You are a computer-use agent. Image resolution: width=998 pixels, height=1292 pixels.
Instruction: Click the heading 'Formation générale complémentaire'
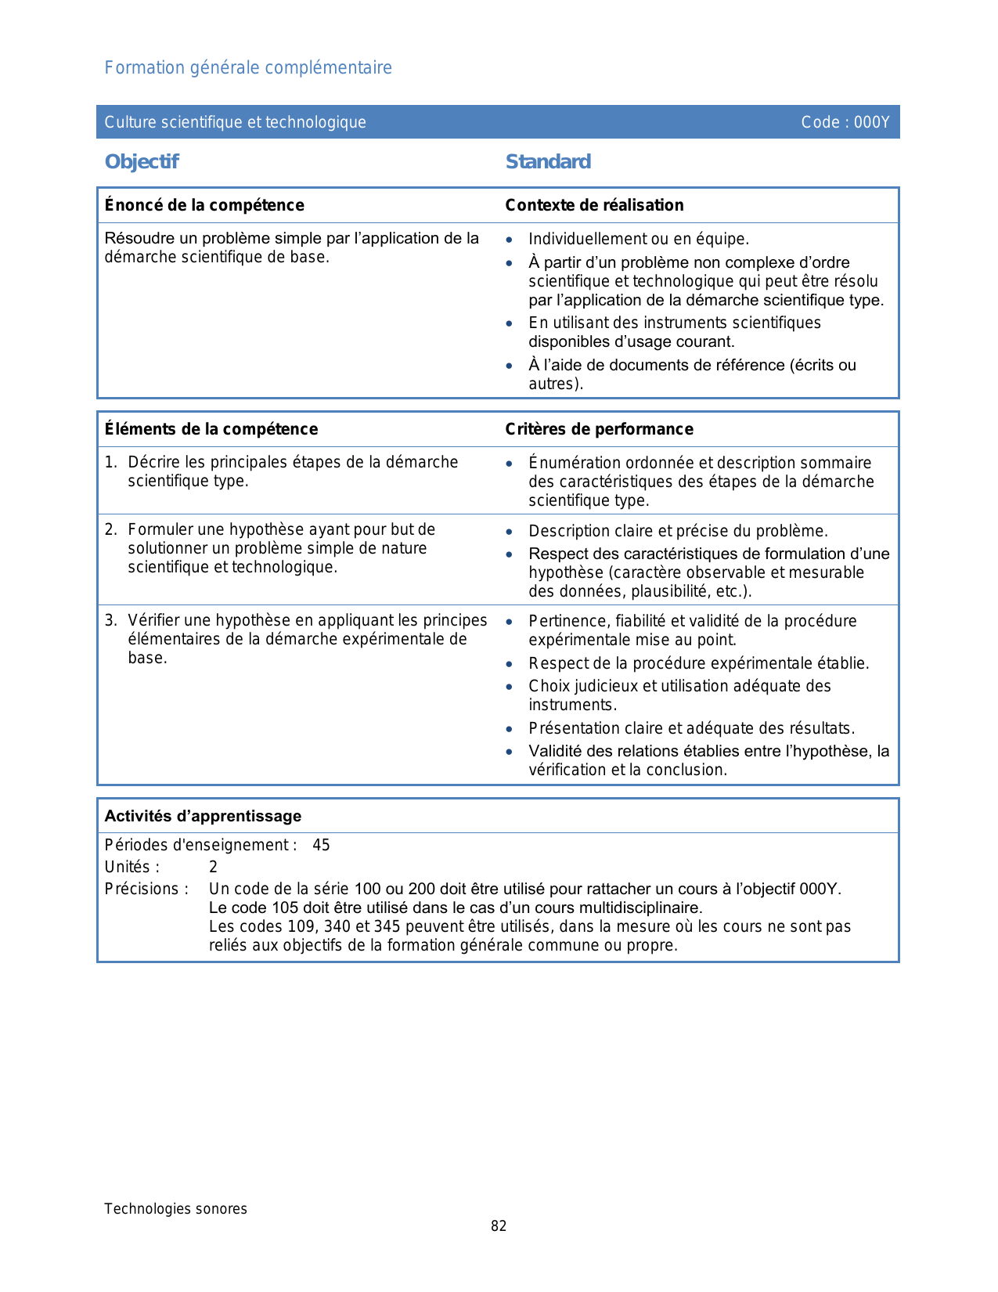[248, 68]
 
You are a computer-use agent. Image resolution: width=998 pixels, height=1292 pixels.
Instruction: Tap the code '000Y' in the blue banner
[871, 122]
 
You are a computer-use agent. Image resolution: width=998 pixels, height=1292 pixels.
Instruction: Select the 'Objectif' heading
[142, 162]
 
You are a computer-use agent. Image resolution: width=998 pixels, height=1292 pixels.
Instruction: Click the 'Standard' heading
[548, 162]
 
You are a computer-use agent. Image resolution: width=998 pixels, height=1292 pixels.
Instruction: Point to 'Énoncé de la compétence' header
[204, 205]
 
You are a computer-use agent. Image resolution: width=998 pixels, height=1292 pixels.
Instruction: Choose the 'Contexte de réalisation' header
[594, 205]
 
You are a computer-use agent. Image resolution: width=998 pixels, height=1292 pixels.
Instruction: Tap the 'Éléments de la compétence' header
[211, 429]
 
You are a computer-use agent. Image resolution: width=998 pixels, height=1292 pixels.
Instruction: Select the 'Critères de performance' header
[599, 429]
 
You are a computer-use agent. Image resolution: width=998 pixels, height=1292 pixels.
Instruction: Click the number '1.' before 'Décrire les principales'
[110, 463]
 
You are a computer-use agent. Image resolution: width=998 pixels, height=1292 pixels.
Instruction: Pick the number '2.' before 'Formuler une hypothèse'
[110, 530]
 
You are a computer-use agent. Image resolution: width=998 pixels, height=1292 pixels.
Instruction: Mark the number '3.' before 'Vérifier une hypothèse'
[110, 621]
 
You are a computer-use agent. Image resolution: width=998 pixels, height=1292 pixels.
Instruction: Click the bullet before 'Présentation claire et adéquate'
[510, 729]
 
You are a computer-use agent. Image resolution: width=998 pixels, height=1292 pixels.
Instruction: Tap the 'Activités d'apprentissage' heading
[203, 816]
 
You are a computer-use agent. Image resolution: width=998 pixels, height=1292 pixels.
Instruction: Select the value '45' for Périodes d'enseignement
[321, 846]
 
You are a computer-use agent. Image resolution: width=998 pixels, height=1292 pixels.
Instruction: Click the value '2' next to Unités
[213, 868]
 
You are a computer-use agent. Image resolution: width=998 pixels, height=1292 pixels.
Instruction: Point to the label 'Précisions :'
[146, 890]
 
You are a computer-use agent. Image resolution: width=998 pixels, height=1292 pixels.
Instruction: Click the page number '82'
[499, 1226]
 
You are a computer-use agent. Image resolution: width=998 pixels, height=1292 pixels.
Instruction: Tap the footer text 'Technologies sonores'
[175, 1209]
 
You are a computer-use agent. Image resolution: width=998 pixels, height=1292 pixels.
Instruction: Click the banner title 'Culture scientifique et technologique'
[235, 122]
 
